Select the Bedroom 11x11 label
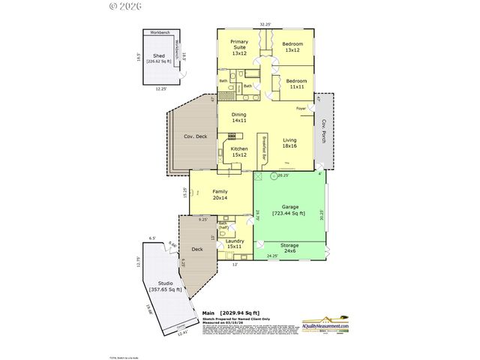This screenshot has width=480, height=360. [x=295, y=83]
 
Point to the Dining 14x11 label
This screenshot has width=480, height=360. [x=238, y=118]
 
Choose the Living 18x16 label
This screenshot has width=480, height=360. [x=289, y=143]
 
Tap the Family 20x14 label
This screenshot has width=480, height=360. [x=220, y=196]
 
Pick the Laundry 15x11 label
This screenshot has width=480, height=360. [x=234, y=244]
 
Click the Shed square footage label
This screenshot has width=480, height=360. [x=159, y=58]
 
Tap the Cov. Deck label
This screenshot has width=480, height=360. [x=195, y=136]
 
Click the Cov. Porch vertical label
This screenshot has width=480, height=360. [x=323, y=132]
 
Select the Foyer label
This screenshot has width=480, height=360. [x=301, y=109]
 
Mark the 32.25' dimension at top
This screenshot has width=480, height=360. [x=265, y=24]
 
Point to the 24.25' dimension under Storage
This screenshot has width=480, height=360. [x=273, y=257]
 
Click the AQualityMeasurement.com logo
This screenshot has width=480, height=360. [x=326, y=325]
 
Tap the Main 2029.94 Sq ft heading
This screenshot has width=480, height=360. [x=230, y=313]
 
